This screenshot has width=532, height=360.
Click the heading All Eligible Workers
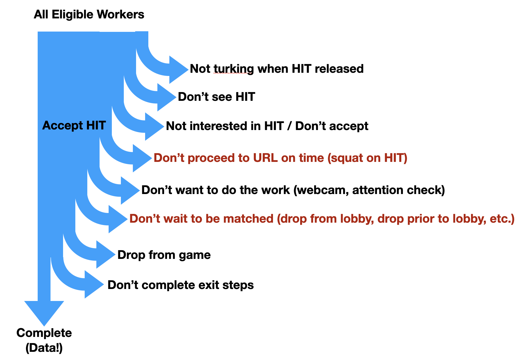(89, 15)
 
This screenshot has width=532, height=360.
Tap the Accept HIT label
(74, 126)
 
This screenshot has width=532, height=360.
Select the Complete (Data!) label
(44, 340)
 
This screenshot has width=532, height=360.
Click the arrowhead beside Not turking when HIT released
(178, 70)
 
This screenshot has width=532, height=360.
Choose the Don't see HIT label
(216, 97)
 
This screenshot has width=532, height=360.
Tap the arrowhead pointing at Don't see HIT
(166, 97)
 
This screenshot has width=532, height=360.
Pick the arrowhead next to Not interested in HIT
(153, 127)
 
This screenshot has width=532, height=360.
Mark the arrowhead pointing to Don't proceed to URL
(141, 158)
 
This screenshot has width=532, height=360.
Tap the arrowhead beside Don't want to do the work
(129, 190)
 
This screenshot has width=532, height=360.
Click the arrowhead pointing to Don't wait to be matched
(117, 219)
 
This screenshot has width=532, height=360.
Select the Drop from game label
(164, 255)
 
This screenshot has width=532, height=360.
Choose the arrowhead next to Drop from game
(105, 255)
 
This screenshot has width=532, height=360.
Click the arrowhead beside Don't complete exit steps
(93, 284)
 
